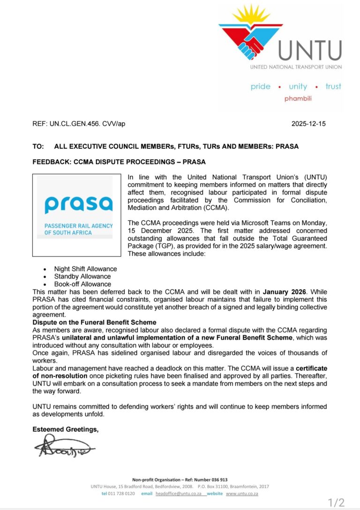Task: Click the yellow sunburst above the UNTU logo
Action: coord(252,14)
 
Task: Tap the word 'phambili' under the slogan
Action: coord(298,98)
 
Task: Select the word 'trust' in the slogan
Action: coord(333,86)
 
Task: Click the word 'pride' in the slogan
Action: coord(260,86)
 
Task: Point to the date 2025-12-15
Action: coord(308,124)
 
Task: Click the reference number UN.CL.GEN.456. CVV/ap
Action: coord(79,124)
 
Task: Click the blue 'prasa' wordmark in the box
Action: coord(79,205)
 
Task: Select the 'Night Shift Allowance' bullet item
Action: coord(85,269)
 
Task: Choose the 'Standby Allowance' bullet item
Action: coord(82,277)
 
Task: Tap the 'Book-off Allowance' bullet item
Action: coord(82,284)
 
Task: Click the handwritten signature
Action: coord(63,446)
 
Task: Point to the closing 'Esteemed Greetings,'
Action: coord(65,429)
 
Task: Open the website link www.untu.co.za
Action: coord(242,494)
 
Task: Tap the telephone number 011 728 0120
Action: coord(122,494)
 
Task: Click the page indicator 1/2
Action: coord(336,503)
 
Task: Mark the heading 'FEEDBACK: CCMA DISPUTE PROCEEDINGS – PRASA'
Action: coord(119,162)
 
